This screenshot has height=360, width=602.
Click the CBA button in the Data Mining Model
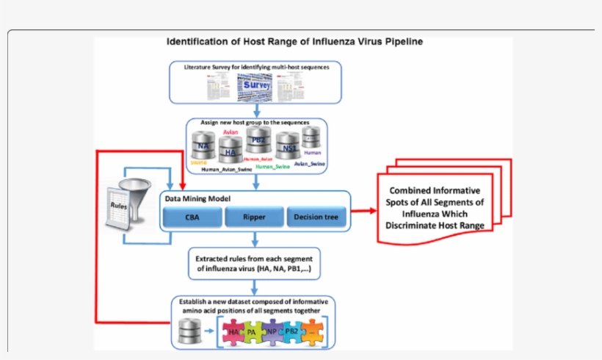192,217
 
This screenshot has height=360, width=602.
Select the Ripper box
254,217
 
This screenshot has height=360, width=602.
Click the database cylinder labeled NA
203,147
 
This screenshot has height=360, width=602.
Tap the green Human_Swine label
272,167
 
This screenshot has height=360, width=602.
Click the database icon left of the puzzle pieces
186,333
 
